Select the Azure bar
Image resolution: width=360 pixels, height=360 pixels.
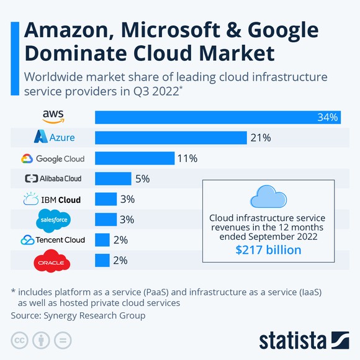pyautogui.click(x=171, y=138)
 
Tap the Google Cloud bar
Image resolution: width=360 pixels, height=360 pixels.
pyautogui.click(x=134, y=158)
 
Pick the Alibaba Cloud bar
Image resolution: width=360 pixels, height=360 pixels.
pyautogui.click(x=113, y=179)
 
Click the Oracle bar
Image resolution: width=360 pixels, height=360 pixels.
pyautogui.click(x=102, y=261)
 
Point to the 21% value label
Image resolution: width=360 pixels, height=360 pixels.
pyautogui.click(x=261, y=138)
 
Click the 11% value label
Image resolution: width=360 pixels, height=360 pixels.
pyautogui.click(x=187, y=158)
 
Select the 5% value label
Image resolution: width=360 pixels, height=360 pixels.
pyautogui.click(x=143, y=179)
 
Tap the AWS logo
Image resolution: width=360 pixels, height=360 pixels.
pyautogui.click(x=53, y=117)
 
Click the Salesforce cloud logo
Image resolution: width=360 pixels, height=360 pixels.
pyautogui.click(x=53, y=220)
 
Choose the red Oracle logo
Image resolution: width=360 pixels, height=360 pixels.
pyautogui.click(x=51, y=262)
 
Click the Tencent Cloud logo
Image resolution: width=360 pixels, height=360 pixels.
pyautogui.click(x=53, y=240)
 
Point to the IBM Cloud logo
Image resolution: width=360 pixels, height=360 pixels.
pyautogui.click(x=53, y=199)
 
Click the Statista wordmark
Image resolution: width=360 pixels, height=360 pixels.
pyautogui.click(x=292, y=340)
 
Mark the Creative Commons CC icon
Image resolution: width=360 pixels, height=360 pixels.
pyautogui.click(x=20, y=340)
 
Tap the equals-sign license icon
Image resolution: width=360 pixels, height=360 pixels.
pyautogui.click(x=63, y=340)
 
